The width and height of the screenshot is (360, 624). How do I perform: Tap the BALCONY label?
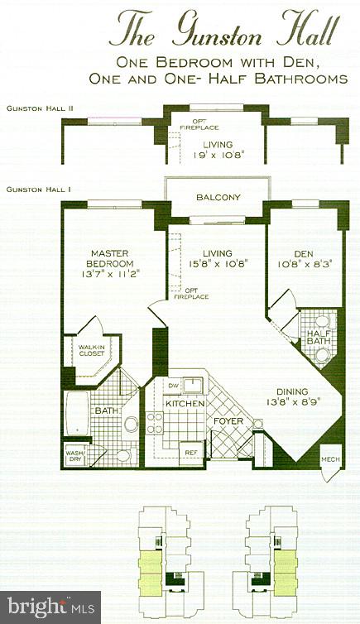(218, 197)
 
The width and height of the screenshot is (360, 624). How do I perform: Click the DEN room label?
(304, 255)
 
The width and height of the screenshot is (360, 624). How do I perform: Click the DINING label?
(294, 391)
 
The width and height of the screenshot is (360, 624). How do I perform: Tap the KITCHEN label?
(185, 403)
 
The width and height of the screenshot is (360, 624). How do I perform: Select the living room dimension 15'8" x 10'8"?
(217, 265)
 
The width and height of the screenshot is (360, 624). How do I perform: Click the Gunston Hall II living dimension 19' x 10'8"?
(217, 153)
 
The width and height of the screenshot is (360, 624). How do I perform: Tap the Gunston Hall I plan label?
(38, 190)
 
